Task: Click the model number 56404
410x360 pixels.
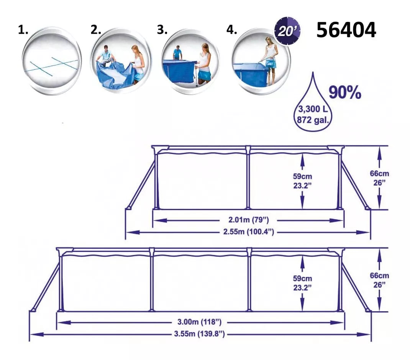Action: [346, 30]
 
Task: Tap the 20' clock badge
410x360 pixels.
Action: [287, 31]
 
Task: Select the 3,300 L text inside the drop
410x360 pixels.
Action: [313, 109]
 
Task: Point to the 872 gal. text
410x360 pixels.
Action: [312, 120]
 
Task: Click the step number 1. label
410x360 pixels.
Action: [23, 30]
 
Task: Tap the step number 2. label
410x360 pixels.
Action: [96, 30]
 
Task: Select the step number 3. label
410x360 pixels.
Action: [162, 30]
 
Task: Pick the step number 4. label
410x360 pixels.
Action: [232, 30]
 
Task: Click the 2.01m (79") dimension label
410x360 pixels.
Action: [248, 220]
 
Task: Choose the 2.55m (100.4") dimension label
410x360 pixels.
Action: [248, 232]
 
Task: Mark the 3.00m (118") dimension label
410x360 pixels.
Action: [200, 322]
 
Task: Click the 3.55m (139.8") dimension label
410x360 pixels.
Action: [200, 334]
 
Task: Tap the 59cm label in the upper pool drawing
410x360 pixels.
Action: [302, 176]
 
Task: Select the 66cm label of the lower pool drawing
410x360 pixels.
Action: [379, 276]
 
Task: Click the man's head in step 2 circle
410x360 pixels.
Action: [106, 48]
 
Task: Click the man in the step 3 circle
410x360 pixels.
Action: [177, 53]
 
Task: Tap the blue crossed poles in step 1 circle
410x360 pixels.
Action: [51, 66]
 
